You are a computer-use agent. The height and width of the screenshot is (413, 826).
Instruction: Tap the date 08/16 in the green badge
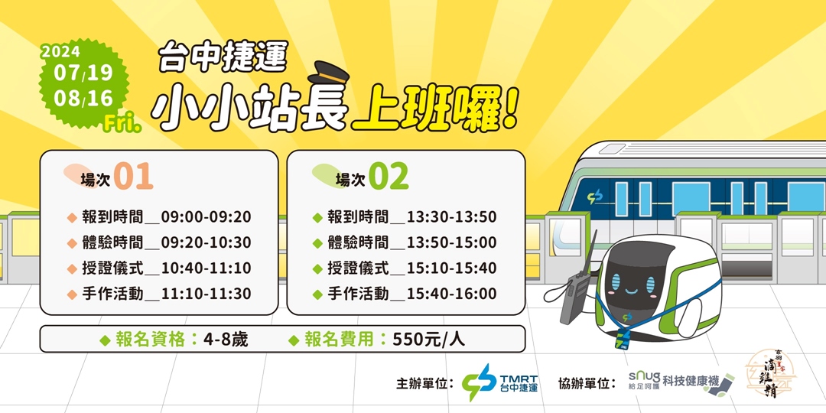[x=83, y=99]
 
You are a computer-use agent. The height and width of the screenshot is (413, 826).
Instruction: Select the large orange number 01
[x=134, y=177]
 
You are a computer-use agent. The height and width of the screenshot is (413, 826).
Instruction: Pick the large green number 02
[x=389, y=177]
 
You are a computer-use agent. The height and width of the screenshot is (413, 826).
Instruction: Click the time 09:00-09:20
[x=206, y=217]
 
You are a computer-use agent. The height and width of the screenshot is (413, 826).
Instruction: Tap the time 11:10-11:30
[x=206, y=294]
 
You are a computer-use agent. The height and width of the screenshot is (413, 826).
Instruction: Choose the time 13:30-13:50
[x=452, y=217]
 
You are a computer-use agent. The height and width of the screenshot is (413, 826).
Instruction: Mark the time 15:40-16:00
[x=452, y=294]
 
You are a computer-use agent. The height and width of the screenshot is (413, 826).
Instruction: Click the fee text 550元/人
[x=428, y=340]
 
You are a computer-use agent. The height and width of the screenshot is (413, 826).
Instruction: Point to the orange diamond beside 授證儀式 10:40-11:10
[x=72, y=268]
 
